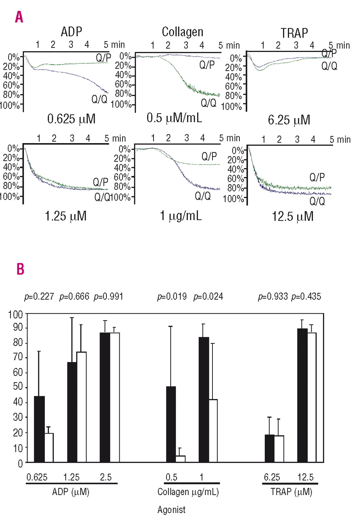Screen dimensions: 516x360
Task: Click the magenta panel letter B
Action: pos(20,269)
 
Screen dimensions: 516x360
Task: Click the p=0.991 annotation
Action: pos(108,297)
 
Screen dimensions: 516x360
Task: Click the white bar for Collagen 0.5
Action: pos(180,459)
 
